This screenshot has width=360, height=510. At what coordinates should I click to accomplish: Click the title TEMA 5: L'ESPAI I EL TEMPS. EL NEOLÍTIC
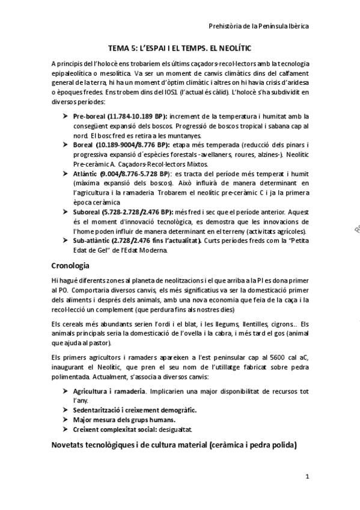179,46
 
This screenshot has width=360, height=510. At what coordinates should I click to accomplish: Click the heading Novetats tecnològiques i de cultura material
174,446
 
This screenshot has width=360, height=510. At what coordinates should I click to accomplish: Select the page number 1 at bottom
307,478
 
